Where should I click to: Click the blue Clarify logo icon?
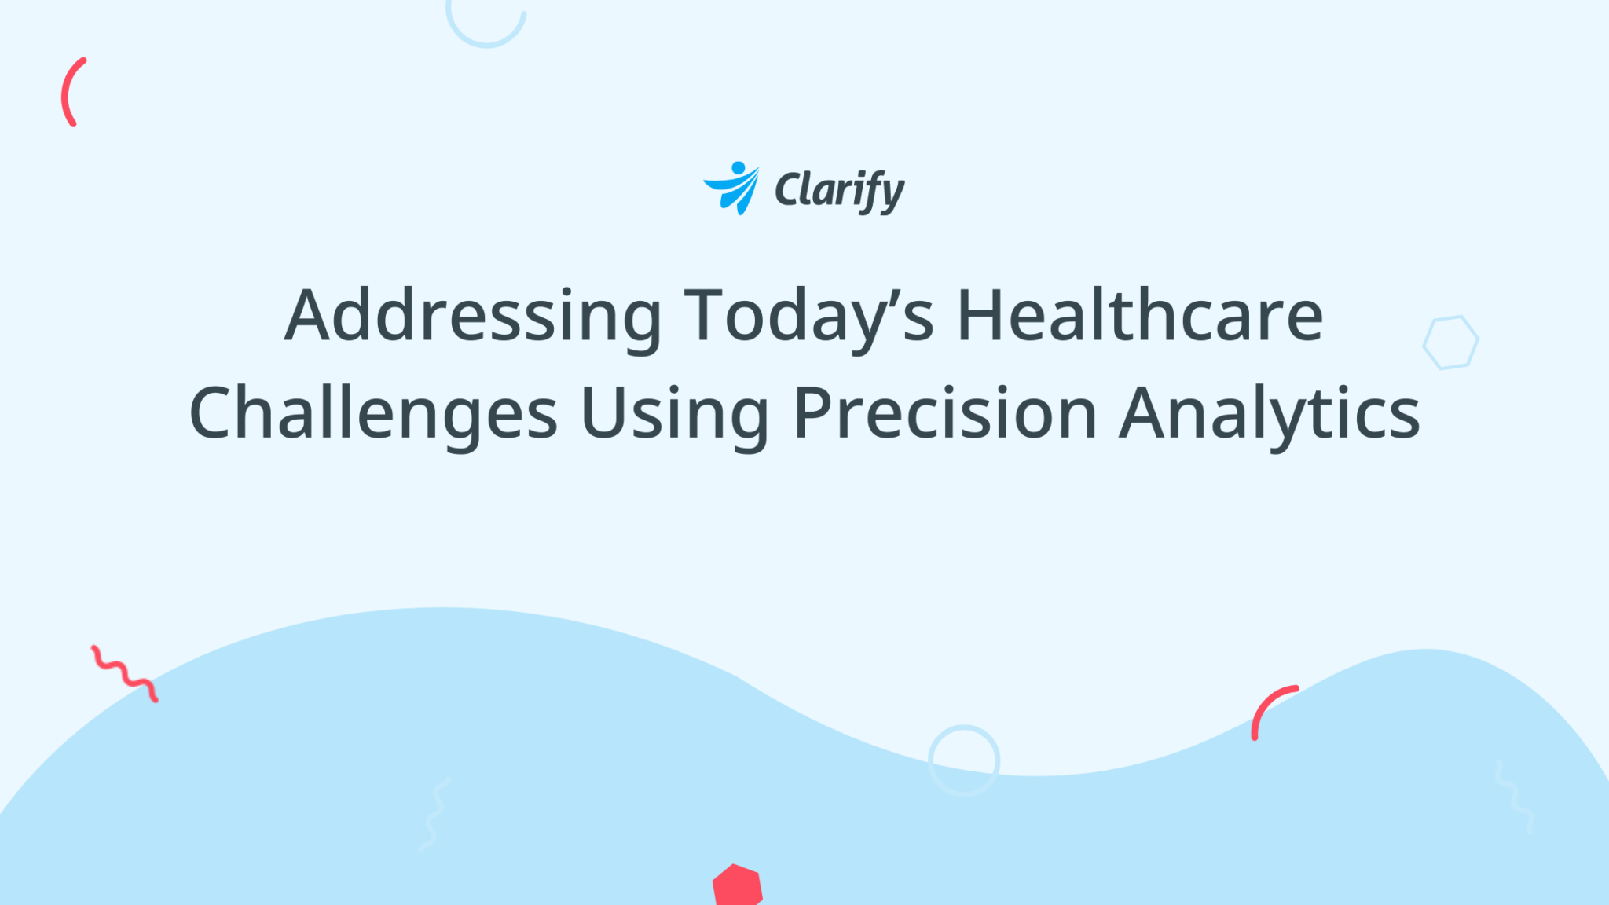[x=732, y=189]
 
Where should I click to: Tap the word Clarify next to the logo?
[x=839, y=191]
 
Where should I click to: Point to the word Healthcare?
[x=1140, y=315]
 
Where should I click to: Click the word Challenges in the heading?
[x=373, y=414]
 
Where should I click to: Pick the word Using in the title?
[x=674, y=414]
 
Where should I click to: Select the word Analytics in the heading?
[x=1270, y=414]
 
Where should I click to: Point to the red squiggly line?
[x=124, y=673]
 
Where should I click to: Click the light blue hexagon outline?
[x=1450, y=342]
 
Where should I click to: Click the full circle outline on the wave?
[x=964, y=760]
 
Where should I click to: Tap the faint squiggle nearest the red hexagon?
[x=434, y=814]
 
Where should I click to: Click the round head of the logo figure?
[x=738, y=167]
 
